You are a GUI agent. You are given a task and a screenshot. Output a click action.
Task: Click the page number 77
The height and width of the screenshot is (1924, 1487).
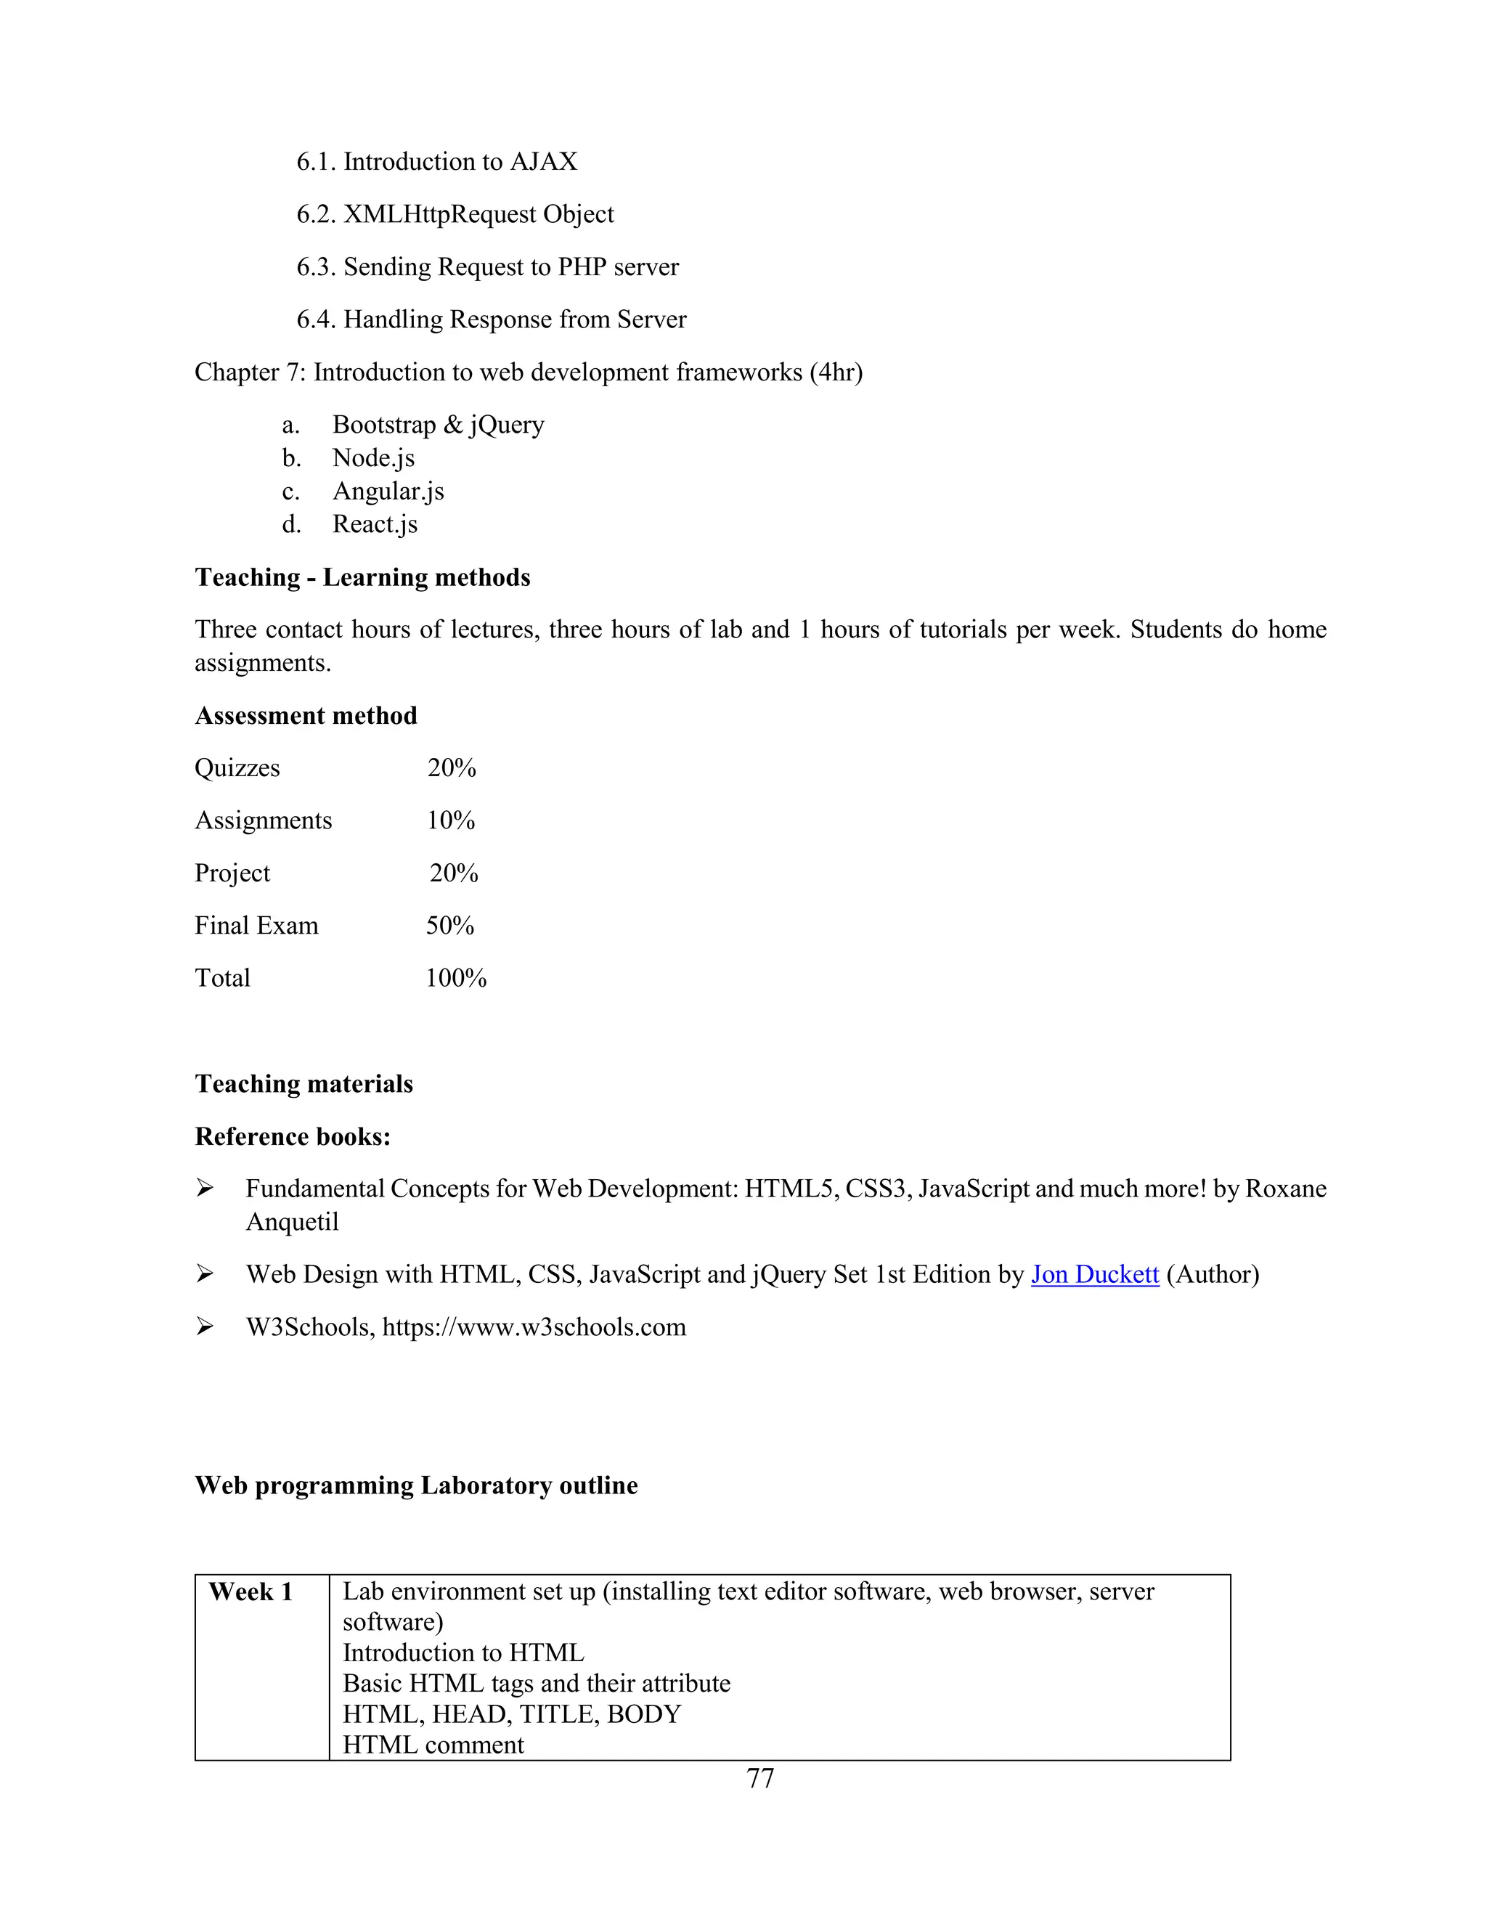(x=759, y=1779)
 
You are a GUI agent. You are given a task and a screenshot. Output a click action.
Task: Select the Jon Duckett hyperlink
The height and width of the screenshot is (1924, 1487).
(x=1094, y=1275)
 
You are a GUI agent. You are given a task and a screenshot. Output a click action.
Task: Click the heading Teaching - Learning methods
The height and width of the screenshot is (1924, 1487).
(x=362, y=578)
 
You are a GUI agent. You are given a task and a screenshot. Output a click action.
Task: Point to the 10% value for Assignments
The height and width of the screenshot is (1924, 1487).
(x=451, y=821)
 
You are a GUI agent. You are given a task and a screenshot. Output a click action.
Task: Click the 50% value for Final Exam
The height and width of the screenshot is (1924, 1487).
(x=450, y=926)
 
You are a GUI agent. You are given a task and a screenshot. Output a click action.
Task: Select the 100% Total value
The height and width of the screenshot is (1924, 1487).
(x=455, y=979)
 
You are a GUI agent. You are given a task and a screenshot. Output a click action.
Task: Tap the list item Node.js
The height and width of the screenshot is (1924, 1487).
(x=372, y=458)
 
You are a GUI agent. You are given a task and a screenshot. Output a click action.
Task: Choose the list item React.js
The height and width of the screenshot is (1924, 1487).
(x=375, y=524)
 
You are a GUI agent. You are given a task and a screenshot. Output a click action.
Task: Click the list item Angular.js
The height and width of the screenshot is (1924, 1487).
(x=388, y=492)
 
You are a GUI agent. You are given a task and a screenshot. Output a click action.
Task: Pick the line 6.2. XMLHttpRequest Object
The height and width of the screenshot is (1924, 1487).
(x=455, y=215)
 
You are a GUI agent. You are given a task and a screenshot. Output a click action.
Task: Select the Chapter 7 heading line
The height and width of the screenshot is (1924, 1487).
(x=528, y=372)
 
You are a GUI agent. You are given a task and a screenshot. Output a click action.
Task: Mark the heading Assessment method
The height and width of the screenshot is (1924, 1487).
(x=306, y=716)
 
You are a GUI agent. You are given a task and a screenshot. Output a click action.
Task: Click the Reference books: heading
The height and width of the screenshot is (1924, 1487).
(x=293, y=1137)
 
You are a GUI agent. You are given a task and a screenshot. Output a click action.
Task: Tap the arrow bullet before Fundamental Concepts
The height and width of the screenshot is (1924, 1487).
(x=204, y=1189)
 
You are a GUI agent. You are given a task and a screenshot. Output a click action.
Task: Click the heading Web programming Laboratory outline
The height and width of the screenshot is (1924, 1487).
(x=416, y=1486)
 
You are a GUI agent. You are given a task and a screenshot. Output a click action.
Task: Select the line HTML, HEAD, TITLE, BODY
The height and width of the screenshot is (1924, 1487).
(x=511, y=1714)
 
